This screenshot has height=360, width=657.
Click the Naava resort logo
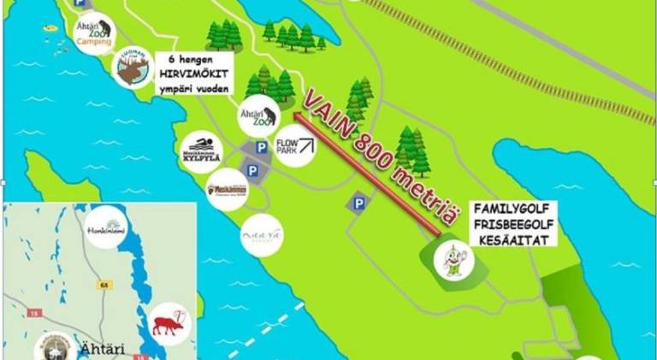tap(261, 235)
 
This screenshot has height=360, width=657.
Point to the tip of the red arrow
tap(293, 112)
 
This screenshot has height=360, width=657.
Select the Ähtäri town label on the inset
tap(96, 349)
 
